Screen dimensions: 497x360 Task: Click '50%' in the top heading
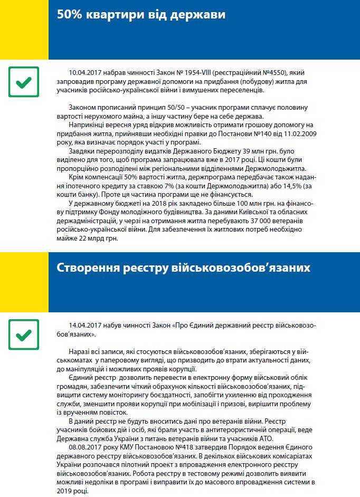70,15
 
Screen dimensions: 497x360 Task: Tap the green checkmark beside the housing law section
24,82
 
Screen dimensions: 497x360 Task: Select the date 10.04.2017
86,72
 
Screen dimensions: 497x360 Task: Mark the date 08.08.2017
86,446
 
